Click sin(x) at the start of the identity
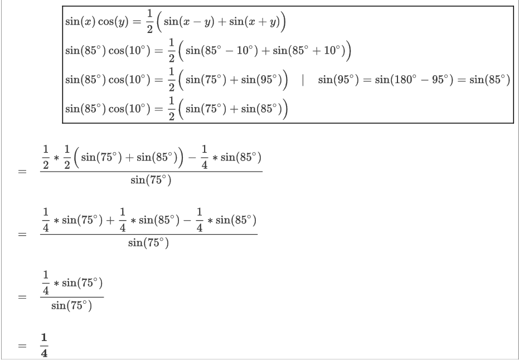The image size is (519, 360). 80,22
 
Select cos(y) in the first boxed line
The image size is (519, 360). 114,22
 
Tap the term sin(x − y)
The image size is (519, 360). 189,22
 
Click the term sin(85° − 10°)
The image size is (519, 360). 221,50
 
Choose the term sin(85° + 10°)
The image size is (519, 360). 309,50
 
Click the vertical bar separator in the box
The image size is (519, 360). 303,79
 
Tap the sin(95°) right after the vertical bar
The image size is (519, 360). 338,79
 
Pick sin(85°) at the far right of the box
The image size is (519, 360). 489,79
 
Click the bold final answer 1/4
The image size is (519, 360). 44,346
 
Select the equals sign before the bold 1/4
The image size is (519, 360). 22,346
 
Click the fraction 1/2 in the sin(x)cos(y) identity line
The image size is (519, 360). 149,22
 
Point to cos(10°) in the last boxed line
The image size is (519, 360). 129,109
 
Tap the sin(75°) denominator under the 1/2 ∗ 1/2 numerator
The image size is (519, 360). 151,180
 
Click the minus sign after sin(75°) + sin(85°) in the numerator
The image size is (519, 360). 192,157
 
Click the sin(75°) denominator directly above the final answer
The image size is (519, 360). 71,305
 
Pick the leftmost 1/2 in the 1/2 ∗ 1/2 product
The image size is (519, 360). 46,157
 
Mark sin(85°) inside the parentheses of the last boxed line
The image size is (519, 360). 261,109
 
